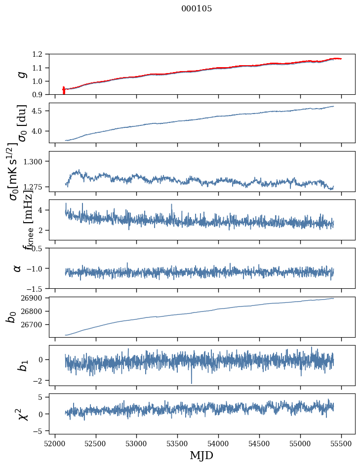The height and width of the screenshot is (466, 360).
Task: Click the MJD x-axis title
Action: tap(201, 455)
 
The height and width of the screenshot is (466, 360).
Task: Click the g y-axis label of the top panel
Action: tap(21, 74)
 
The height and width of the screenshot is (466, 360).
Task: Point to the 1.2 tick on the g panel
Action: tap(39, 54)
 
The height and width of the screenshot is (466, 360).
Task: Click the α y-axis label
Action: tap(17, 268)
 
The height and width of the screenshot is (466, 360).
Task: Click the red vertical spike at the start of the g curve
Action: tap(64, 90)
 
